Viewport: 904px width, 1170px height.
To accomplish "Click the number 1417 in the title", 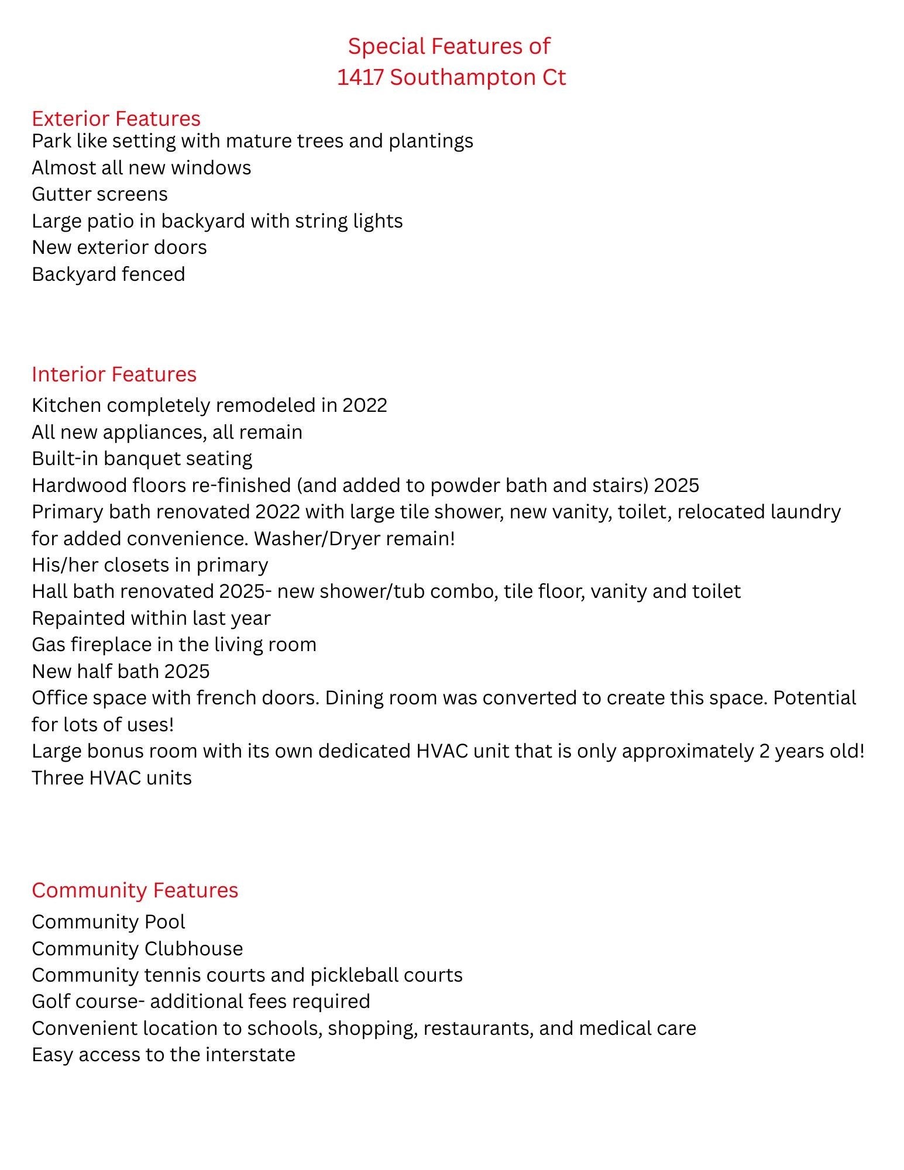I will (x=360, y=77).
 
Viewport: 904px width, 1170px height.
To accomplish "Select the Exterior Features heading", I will (x=116, y=118).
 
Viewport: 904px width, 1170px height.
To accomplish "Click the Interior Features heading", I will (x=114, y=374).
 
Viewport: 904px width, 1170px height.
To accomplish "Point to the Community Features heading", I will (x=135, y=890).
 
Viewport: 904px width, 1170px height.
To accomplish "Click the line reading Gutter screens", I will (x=99, y=194).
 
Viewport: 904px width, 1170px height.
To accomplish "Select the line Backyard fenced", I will (x=108, y=274).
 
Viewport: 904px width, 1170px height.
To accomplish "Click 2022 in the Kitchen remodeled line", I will (x=365, y=405).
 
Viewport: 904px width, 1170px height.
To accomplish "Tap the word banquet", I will (x=143, y=458).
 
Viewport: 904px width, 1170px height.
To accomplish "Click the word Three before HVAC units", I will (x=57, y=777).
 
